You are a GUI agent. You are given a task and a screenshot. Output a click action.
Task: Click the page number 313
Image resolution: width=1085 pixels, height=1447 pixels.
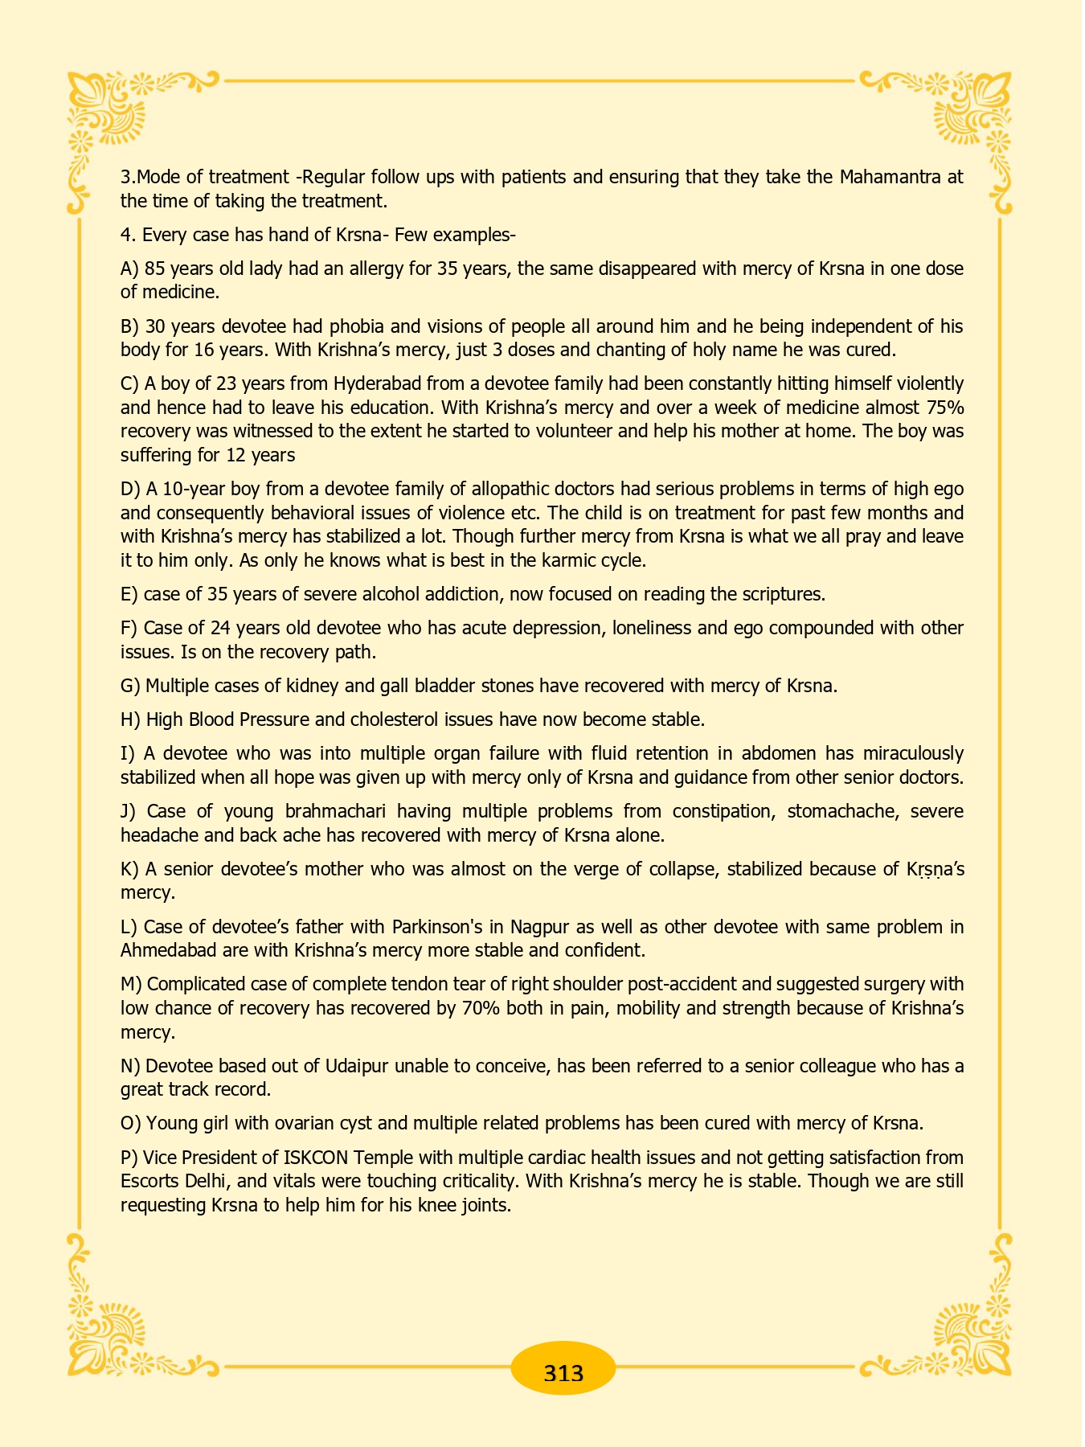(563, 1372)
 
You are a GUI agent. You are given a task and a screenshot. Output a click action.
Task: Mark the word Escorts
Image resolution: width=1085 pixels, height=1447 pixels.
(150, 1182)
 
